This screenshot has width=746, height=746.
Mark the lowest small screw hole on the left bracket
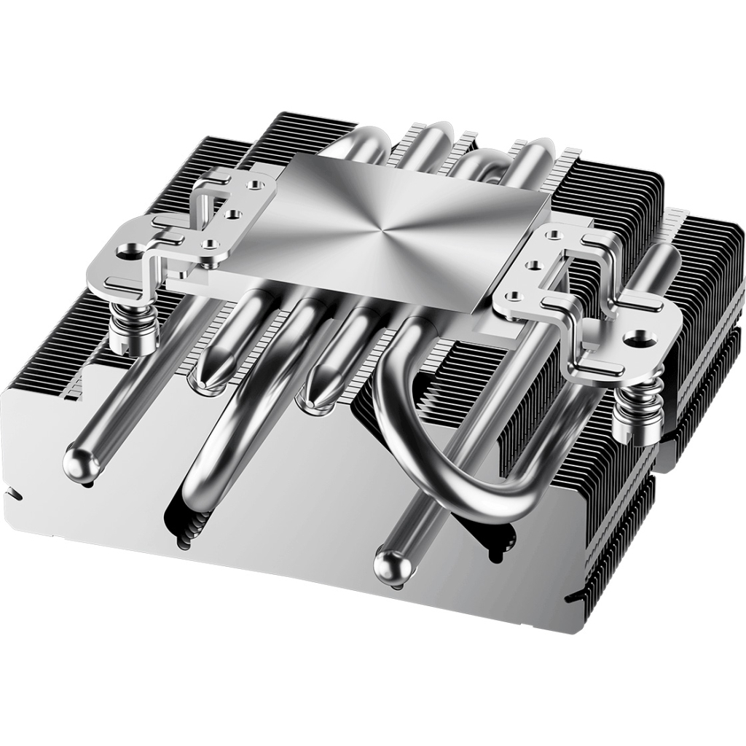point(210,245)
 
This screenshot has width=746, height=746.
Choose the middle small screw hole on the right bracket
point(536,264)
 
